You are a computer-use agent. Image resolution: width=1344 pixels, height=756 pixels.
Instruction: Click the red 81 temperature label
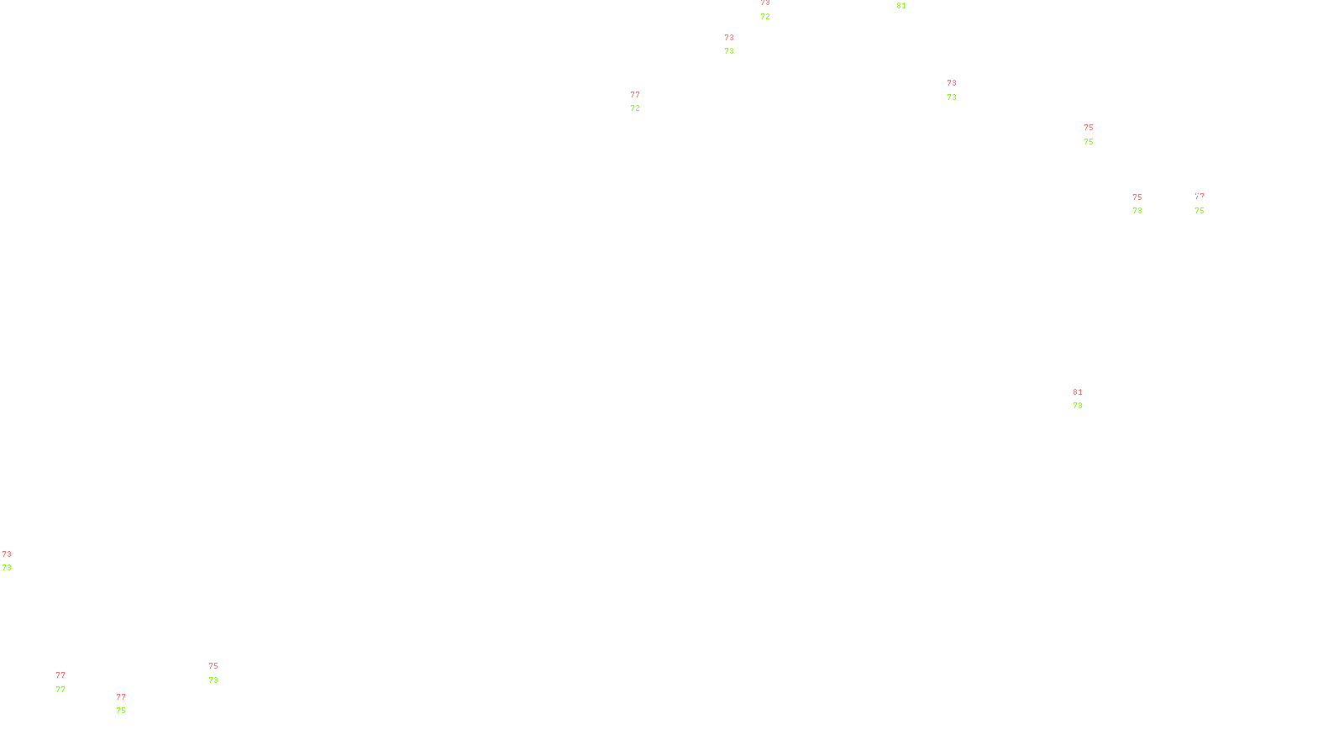click(x=1078, y=392)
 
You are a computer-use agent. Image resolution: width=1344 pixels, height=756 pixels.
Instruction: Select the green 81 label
click(x=901, y=6)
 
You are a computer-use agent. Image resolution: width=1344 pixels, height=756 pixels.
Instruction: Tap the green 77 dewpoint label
click(x=60, y=690)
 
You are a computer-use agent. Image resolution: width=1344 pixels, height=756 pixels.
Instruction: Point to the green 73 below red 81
click(x=1078, y=406)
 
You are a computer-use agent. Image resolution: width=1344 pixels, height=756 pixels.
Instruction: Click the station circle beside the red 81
click(x=1085, y=399)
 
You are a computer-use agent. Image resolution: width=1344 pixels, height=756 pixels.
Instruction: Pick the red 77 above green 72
click(x=635, y=95)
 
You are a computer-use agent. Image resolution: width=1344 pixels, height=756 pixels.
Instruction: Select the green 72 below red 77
click(x=635, y=108)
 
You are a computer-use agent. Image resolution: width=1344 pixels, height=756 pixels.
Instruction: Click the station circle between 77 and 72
click(x=643, y=102)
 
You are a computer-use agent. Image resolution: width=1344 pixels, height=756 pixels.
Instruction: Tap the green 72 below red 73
click(x=765, y=17)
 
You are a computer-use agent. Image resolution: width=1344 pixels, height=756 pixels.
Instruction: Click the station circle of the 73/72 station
click(x=773, y=10)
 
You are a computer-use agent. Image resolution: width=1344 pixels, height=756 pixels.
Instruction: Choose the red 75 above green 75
click(x=1089, y=128)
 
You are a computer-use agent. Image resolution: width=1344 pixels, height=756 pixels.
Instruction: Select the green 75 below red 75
click(x=1089, y=142)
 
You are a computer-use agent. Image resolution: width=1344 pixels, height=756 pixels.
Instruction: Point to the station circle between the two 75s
click(x=1096, y=134)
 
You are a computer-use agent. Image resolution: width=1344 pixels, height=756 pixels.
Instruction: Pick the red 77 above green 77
click(x=60, y=675)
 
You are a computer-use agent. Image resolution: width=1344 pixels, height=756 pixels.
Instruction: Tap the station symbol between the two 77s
click(x=66, y=682)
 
